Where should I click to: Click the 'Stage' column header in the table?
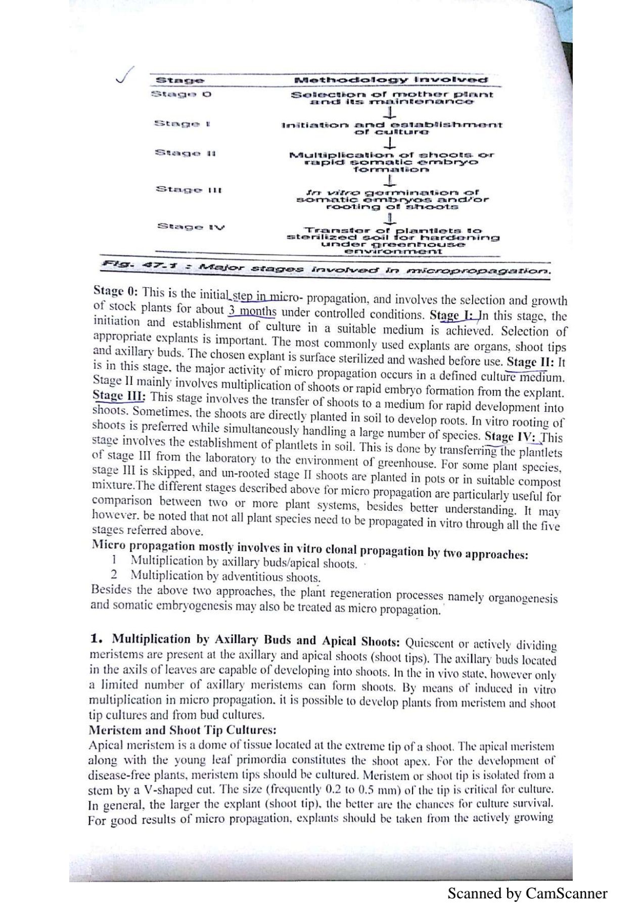tap(180, 80)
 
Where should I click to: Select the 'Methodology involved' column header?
tap(391, 80)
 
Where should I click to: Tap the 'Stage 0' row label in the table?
tap(181, 94)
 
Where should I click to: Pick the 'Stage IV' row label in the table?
tap(191, 227)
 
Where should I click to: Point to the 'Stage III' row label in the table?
tap(188, 190)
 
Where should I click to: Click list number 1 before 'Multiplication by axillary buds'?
tap(114, 560)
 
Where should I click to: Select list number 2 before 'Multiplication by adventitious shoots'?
tap(114, 575)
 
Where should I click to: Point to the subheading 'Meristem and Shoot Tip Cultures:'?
tap(182, 730)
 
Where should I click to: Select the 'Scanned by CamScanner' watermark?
tap(527, 893)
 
